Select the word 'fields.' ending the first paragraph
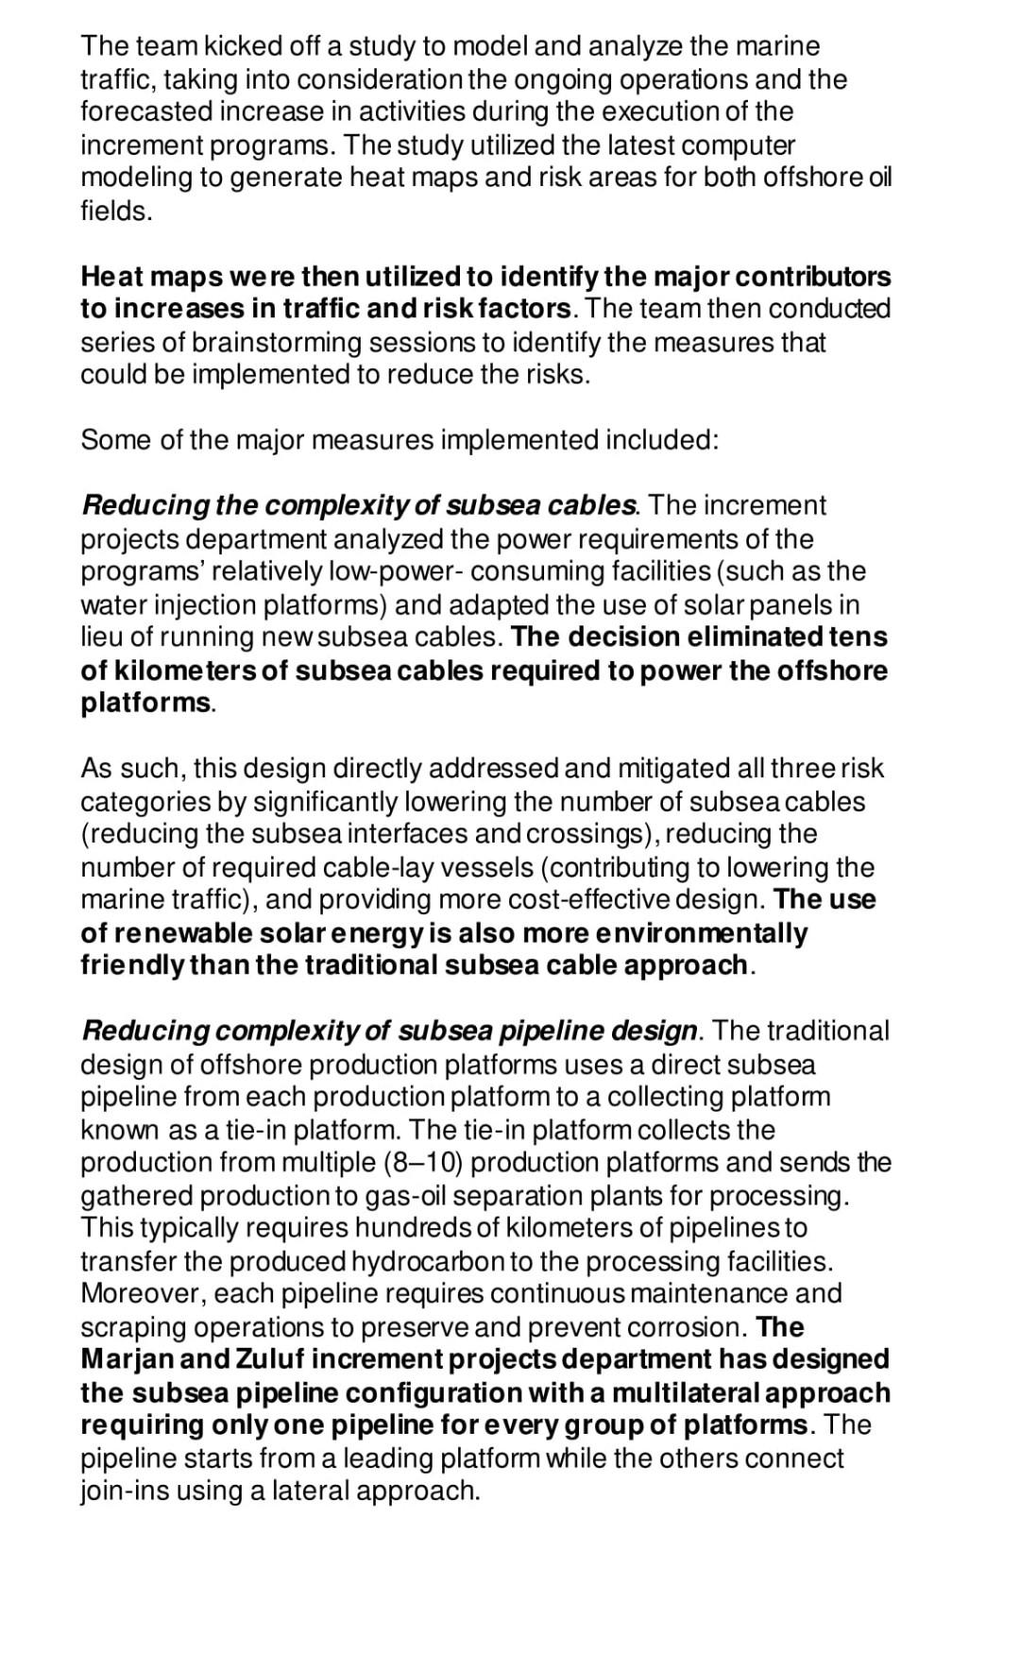116,211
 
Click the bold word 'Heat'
110,277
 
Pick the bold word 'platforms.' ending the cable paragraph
147,703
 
